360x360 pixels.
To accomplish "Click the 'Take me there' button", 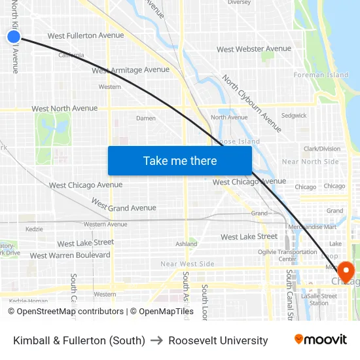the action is pos(179,160).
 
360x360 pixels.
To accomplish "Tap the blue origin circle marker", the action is pos(14,37).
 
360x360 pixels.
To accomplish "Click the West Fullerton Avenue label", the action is pos(86,35).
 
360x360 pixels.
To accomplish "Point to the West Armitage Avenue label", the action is pos(131,70).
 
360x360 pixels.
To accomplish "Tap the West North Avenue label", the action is pos(64,109).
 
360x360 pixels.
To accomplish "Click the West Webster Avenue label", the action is pos(254,49).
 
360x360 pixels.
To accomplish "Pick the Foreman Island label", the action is pos(321,75).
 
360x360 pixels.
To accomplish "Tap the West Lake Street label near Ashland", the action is pos(249,236).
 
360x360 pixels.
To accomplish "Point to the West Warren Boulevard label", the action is pos(70,255).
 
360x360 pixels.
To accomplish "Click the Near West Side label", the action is pos(187,264).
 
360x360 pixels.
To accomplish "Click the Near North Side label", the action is pos(310,162).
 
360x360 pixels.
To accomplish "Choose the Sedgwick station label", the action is pos(294,116).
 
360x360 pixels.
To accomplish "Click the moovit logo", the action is pos(320,340).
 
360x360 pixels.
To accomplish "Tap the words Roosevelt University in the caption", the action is pos(218,340).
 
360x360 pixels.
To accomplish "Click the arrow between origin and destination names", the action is pos(156,340).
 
